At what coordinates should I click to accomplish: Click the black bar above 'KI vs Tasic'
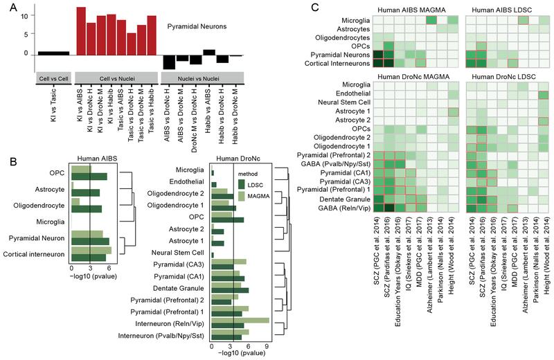tap(53, 53)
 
